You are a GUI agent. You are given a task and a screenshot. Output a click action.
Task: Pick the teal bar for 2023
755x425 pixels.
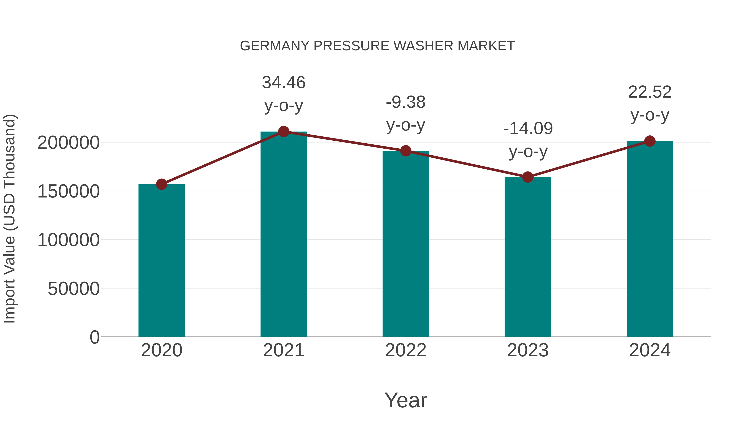tap(528, 257)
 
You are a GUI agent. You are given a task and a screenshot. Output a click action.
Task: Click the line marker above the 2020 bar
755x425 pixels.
tap(161, 184)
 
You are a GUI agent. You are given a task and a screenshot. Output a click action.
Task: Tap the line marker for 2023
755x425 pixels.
tap(528, 177)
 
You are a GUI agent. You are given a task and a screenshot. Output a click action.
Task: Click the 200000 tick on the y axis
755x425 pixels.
tap(69, 143)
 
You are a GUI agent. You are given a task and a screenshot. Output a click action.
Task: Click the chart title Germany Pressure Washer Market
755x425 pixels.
tap(377, 46)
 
